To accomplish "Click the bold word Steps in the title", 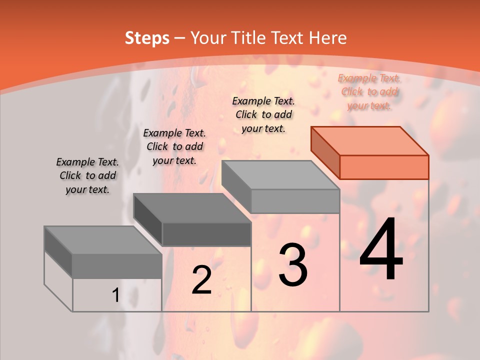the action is point(147,38).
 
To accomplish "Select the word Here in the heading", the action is point(327,38).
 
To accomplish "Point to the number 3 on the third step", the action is point(293,265).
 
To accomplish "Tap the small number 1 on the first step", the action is point(115,295).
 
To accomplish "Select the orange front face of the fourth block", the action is point(384,167).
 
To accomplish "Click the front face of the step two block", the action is point(206,234).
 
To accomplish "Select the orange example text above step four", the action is point(369,92).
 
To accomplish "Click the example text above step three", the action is point(263,114).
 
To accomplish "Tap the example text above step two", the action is point(174,146).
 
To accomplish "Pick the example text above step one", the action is point(87,175).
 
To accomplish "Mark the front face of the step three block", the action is point(295,201).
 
